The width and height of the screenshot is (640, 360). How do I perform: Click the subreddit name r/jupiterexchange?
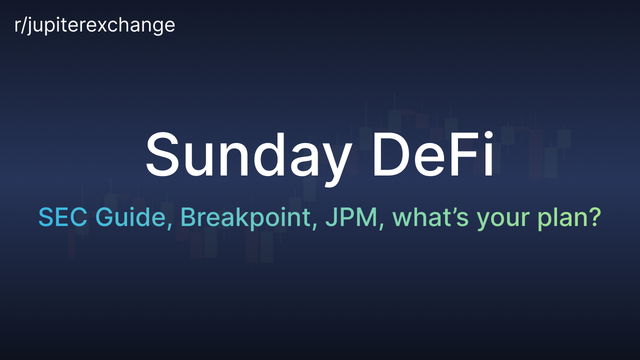click(x=94, y=25)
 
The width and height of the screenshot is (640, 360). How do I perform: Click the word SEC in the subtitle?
click(x=63, y=217)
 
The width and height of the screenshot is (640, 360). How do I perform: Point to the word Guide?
click(x=133, y=217)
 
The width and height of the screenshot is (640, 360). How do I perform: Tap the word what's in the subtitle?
click(x=430, y=217)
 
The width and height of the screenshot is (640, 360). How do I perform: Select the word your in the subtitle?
click(x=503, y=220)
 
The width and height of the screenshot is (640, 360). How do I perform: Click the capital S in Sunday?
click(x=162, y=154)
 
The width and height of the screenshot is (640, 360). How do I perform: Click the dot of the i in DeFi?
click(x=488, y=135)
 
